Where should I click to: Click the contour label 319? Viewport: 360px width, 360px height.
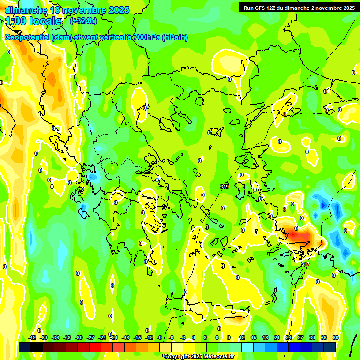pyautogui.click(x=225, y=187)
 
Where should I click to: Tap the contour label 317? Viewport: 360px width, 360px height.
pyautogui.click(x=305, y=264)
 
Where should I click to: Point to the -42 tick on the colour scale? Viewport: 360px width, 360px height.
pyautogui.click(x=32, y=337)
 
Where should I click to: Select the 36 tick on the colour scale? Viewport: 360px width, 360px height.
pyautogui.click(x=336, y=337)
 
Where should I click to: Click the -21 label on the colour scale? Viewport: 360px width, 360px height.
pyautogui.click(x=114, y=337)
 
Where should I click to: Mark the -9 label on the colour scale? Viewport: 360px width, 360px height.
pyautogui.click(x=160, y=337)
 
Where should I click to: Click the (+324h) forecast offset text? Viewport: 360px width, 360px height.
pyautogui.click(x=83, y=21)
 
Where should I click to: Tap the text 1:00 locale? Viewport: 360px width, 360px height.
pyautogui.click(x=33, y=21)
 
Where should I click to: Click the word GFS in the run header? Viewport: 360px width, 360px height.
pyautogui.click(x=257, y=8)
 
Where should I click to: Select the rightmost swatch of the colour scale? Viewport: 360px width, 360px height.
pyautogui.click(x=330, y=347)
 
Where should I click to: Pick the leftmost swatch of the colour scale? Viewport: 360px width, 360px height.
pyautogui.click(x=25, y=347)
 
